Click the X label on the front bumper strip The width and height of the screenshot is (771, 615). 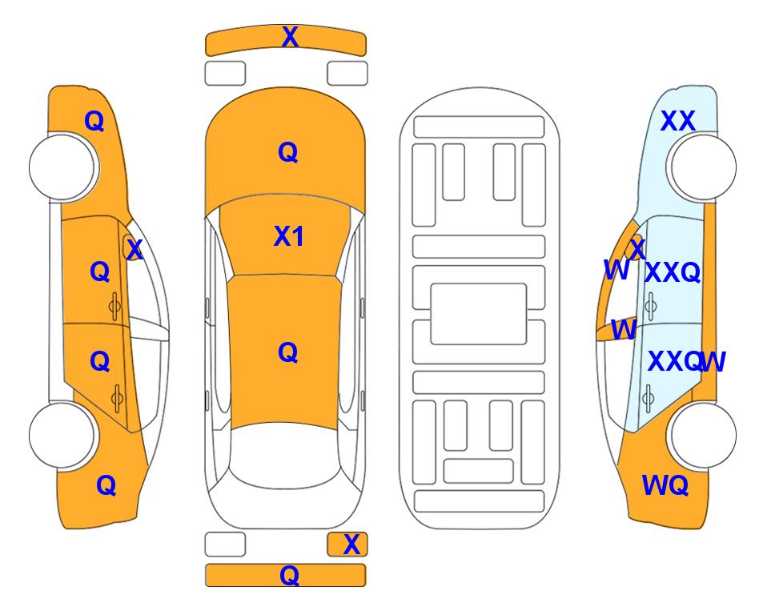point(290,37)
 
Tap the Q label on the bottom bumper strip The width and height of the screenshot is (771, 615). point(289,575)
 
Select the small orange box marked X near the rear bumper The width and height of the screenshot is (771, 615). point(347,545)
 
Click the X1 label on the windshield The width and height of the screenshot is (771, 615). point(289,236)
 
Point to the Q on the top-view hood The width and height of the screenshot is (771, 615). point(288,152)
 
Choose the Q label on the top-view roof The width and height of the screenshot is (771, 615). point(288,352)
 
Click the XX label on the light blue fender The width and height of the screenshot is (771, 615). point(678,121)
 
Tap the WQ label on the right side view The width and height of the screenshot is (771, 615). point(665,485)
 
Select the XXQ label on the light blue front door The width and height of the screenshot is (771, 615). point(673,272)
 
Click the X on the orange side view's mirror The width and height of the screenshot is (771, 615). point(135,249)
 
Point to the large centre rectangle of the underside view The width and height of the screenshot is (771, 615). point(479,314)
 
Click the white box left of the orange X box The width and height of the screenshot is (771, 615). point(225,545)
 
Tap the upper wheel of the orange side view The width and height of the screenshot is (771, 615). point(62,167)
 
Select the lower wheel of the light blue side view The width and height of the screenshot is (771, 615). point(703,435)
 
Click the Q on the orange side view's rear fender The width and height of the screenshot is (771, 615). point(106,485)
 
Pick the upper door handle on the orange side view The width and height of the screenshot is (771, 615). point(115,306)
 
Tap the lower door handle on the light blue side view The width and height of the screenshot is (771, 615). point(649,398)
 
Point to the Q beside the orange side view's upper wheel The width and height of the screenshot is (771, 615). point(94,121)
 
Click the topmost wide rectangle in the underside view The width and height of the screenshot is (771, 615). point(479,127)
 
